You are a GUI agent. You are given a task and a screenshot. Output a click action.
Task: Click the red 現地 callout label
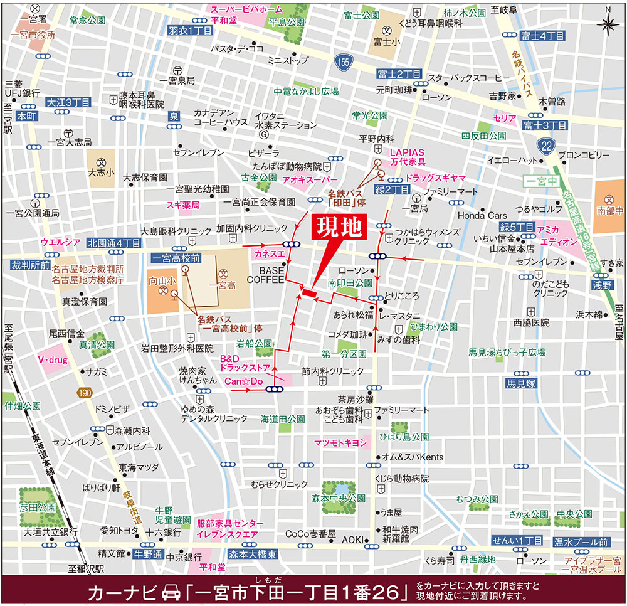pyautogui.click(x=340, y=227)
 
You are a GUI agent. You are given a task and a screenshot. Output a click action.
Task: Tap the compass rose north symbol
pyautogui.click(x=607, y=24)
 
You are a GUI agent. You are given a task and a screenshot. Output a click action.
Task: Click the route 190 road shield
pyautogui.click(x=86, y=393)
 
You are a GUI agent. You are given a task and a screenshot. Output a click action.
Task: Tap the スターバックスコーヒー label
pyautogui.click(x=468, y=78)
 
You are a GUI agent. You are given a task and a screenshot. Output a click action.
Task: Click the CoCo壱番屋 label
pyautogui.click(x=306, y=534)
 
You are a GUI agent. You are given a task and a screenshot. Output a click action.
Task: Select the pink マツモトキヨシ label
pyautogui.click(x=340, y=443)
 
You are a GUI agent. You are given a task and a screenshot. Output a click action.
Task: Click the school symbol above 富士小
pyautogui.click(x=387, y=31)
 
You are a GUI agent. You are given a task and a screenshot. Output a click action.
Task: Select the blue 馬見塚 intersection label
pyautogui.click(x=522, y=383)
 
